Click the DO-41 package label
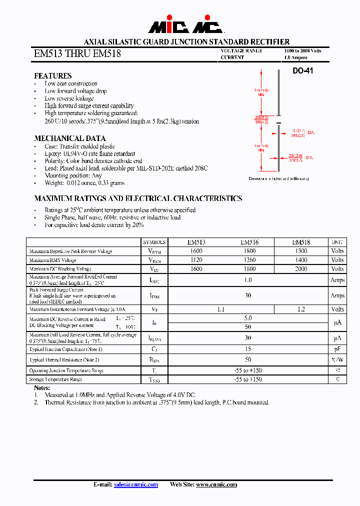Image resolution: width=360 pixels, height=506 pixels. coord(302,71)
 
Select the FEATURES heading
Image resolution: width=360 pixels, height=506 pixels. coord(52,76)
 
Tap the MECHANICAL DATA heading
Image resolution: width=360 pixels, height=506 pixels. coord(69,138)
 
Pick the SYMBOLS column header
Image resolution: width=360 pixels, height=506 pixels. coord(154,241)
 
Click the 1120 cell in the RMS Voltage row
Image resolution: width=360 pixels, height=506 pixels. coord(196,260)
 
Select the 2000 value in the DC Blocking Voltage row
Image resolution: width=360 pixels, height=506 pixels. coord(300,269)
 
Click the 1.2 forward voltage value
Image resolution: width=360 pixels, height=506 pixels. coord(300,309)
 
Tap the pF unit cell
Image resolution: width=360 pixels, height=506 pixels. coord(337,349)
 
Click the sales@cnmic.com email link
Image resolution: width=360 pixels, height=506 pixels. coord(135,484)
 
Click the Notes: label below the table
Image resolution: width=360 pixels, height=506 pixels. coord(42,388)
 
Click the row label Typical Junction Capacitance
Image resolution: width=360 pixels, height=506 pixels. coord(65,349)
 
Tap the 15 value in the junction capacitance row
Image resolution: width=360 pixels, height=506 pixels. coord(248,349)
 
